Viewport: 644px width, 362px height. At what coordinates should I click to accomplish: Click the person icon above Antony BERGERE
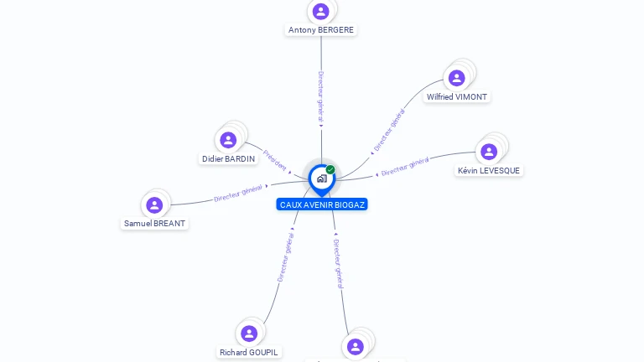tap(320, 12)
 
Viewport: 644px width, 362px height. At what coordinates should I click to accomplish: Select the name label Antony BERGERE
tap(321, 30)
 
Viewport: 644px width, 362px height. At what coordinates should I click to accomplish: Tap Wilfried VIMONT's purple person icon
tap(456, 78)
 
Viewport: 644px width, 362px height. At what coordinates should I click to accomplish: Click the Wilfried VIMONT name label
tap(457, 97)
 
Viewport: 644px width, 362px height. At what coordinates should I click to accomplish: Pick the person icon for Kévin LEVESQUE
tap(489, 152)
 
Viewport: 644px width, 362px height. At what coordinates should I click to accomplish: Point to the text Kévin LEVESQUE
tap(489, 171)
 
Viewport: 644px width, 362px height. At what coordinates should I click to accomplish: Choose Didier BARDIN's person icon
tap(228, 140)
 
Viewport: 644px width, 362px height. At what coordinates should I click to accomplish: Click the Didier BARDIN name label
tap(228, 159)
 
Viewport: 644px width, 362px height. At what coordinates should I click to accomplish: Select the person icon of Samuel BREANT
tap(154, 205)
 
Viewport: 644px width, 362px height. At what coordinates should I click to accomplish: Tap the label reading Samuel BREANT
tap(154, 224)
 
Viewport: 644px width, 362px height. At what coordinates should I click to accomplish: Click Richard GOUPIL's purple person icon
tap(249, 334)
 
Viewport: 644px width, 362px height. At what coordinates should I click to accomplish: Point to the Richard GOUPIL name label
tap(249, 353)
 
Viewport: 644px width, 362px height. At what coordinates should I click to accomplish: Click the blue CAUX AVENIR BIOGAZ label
tap(322, 204)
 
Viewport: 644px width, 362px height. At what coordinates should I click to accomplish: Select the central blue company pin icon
tap(321, 178)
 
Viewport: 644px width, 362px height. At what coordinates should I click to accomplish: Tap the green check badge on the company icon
tap(330, 169)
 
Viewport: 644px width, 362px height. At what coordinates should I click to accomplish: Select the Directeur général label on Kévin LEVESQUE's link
tap(405, 167)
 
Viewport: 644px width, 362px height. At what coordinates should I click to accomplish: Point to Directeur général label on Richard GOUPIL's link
tap(285, 256)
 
